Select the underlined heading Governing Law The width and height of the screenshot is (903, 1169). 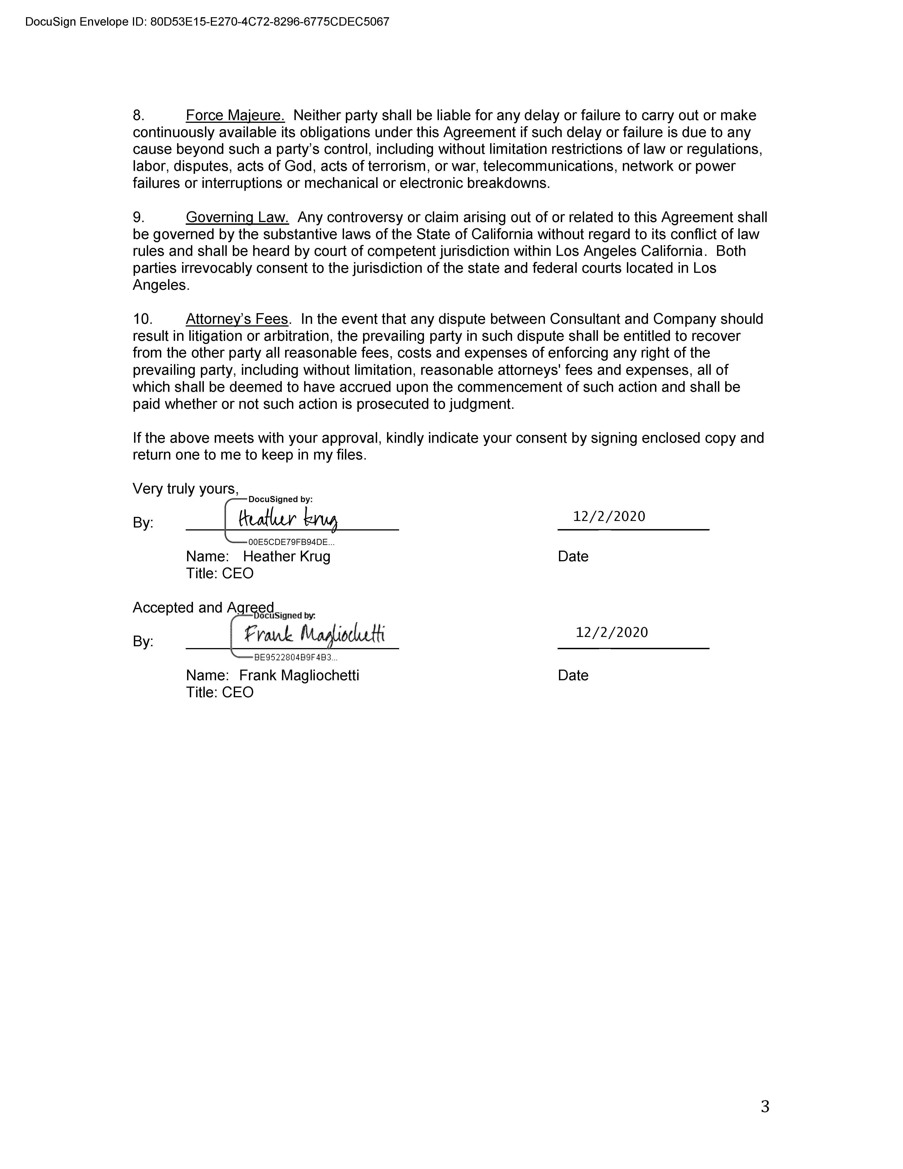click(237, 217)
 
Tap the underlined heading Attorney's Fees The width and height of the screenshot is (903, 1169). click(237, 319)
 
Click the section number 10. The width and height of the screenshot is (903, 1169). click(142, 319)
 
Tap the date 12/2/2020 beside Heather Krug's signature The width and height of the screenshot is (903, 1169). click(609, 517)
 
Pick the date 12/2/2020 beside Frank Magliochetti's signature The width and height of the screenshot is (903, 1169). click(612, 633)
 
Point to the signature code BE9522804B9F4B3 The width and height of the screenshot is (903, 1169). click(295, 658)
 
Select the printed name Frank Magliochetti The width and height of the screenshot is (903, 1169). click(299, 675)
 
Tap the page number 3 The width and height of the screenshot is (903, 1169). click(765, 1106)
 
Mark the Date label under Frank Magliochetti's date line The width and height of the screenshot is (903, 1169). click(573, 675)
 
